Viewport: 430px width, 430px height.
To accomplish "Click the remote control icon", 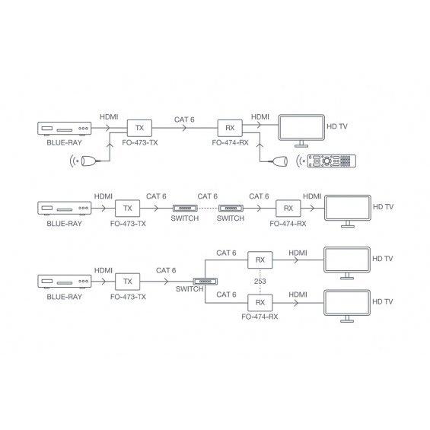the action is pyautogui.click(x=332, y=161).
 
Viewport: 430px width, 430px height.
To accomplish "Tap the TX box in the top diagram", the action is pyautogui.click(x=139, y=128).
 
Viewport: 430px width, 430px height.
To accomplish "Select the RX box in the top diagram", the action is pyautogui.click(x=230, y=128).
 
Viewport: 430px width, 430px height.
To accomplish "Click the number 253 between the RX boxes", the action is pyautogui.click(x=260, y=282).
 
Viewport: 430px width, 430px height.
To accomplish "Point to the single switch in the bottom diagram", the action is pyautogui.click(x=205, y=282).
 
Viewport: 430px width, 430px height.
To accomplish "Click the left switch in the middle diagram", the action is pyautogui.click(x=185, y=209).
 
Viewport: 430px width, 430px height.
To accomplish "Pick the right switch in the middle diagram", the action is pyautogui.click(x=231, y=209).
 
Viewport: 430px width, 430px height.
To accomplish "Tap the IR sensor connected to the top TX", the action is pyautogui.click(x=88, y=161).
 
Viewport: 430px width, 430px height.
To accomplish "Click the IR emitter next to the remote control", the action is pyautogui.click(x=279, y=161).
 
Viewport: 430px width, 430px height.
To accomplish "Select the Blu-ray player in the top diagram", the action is pyautogui.click(x=65, y=129).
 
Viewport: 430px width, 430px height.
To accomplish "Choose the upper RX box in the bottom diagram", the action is pyautogui.click(x=260, y=260).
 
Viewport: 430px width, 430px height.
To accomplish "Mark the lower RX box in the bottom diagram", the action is pyautogui.click(x=260, y=303).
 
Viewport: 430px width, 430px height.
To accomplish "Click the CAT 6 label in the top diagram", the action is pyautogui.click(x=184, y=119).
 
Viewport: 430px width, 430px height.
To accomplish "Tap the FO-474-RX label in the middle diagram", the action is pyautogui.click(x=288, y=224).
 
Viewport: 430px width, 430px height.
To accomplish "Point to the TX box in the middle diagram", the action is pyautogui.click(x=128, y=209).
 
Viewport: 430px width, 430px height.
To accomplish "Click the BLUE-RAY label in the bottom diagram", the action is pyautogui.click(x=64, y=297).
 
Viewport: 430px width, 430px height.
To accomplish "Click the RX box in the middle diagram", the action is pyautogui.click(x=288, y=209).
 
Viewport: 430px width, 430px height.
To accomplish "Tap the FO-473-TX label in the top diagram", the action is pyautogui.click(x=140, y=143).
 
